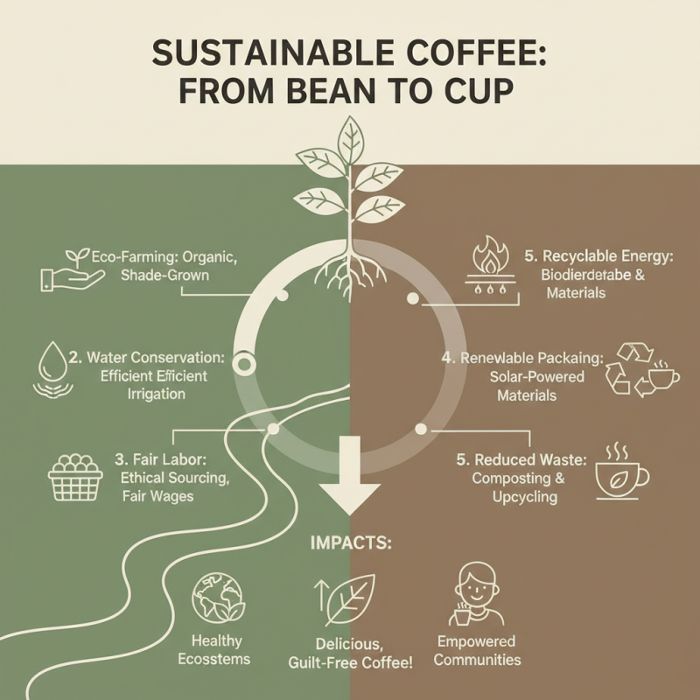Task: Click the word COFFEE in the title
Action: click(463, 53)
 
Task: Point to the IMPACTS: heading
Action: click(351, 543)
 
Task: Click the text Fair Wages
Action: click(157, 497)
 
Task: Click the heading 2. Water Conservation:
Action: click(146, 358)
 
